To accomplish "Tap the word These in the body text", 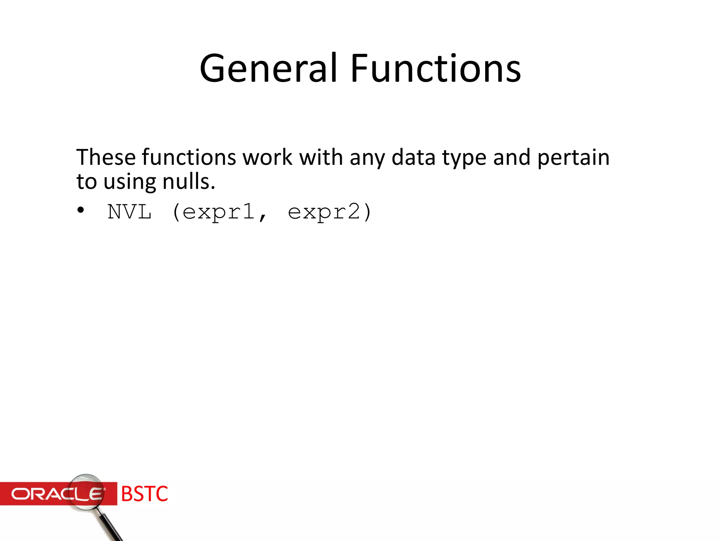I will [106, 157].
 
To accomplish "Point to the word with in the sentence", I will [321, 157].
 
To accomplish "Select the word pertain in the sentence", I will [573, 157].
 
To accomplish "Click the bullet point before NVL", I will [81, 210].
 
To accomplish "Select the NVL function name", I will [130, 212].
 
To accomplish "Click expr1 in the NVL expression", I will [219, 212].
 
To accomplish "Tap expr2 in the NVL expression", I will [324, 212].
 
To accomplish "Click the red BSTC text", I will [144, 494].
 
